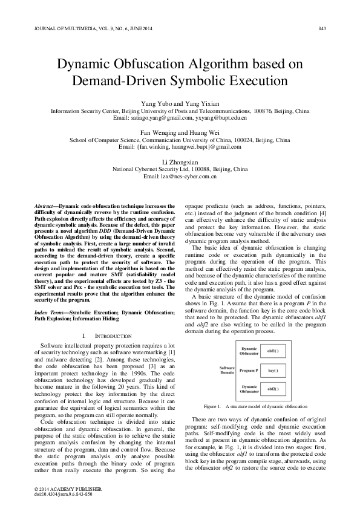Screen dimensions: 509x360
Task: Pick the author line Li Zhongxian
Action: click(180, 162)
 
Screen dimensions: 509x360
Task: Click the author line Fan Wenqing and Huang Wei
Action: click(180, 132)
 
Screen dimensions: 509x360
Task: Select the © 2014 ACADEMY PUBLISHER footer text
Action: click(68, 487)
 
